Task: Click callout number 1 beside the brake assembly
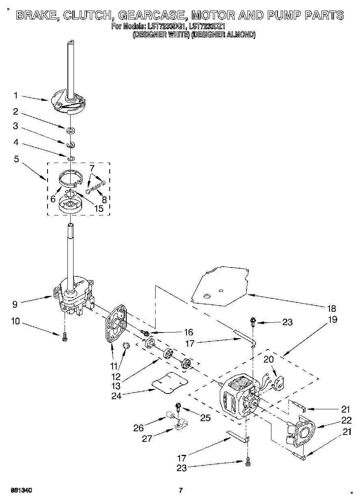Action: [x=15, y=96]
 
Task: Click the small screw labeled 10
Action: [x=65, y=336]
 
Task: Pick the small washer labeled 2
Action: [x=71, y=131]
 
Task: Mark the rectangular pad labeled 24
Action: [x=169, y=382]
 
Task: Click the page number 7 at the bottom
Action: [x=180, y=490]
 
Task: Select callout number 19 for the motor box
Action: [x=332, y=319]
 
